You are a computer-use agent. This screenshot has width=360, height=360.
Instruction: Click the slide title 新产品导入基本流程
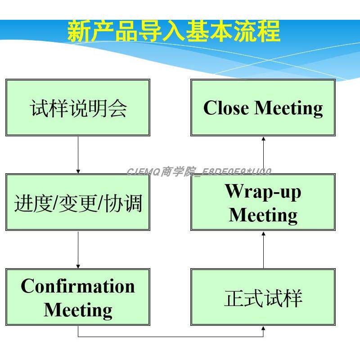point(174,32)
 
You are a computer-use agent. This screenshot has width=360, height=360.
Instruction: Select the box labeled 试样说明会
point(78,108)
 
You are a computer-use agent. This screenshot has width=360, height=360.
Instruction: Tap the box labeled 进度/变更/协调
point(78,202)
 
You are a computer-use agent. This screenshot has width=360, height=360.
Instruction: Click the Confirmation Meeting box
point(78,297)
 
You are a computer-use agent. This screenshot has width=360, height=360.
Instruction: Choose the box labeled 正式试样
point(263,297)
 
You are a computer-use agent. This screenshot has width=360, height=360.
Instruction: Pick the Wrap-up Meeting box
point(263,202)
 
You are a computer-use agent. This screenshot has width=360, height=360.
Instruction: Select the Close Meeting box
point(263,108)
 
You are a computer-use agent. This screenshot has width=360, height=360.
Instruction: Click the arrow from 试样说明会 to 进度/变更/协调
point(78,155)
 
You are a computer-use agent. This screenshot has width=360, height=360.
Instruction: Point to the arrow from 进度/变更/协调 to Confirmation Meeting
point(78,250)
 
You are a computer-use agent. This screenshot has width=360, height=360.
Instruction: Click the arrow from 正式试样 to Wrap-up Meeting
point(264,250)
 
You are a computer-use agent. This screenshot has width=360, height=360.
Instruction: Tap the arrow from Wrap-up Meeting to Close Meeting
point(264,155)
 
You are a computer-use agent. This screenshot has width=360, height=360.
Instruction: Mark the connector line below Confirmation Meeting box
point(171,337)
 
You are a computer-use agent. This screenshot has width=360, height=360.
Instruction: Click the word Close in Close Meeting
point(226,108)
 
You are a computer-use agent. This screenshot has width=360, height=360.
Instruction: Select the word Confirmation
point(78,286)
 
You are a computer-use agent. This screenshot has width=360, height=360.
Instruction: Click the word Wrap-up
point(263,191)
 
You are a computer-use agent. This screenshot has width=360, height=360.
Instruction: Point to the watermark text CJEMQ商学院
point(162,171)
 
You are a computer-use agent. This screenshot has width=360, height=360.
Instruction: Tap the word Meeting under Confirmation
point(78,310)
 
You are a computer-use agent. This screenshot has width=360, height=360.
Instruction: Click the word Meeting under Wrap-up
point(263,215)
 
